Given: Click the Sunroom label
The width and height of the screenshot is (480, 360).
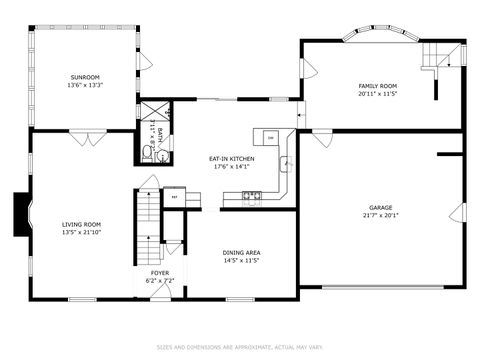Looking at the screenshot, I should (85, 77).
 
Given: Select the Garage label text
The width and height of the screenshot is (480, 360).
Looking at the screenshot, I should (377, 208).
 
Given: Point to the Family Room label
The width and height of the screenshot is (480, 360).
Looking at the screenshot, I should (378, 86).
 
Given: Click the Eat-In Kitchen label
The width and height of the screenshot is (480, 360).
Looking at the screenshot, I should (231, 159).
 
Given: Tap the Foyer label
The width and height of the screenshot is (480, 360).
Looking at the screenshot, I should (160, 272).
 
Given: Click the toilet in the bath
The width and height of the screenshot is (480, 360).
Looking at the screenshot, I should (147, 141).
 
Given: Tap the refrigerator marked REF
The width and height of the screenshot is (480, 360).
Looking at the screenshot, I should (174, 197).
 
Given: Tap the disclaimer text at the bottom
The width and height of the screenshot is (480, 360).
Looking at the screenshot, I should (240, 348).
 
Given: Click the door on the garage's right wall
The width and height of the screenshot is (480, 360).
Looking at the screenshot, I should (462, 210).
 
